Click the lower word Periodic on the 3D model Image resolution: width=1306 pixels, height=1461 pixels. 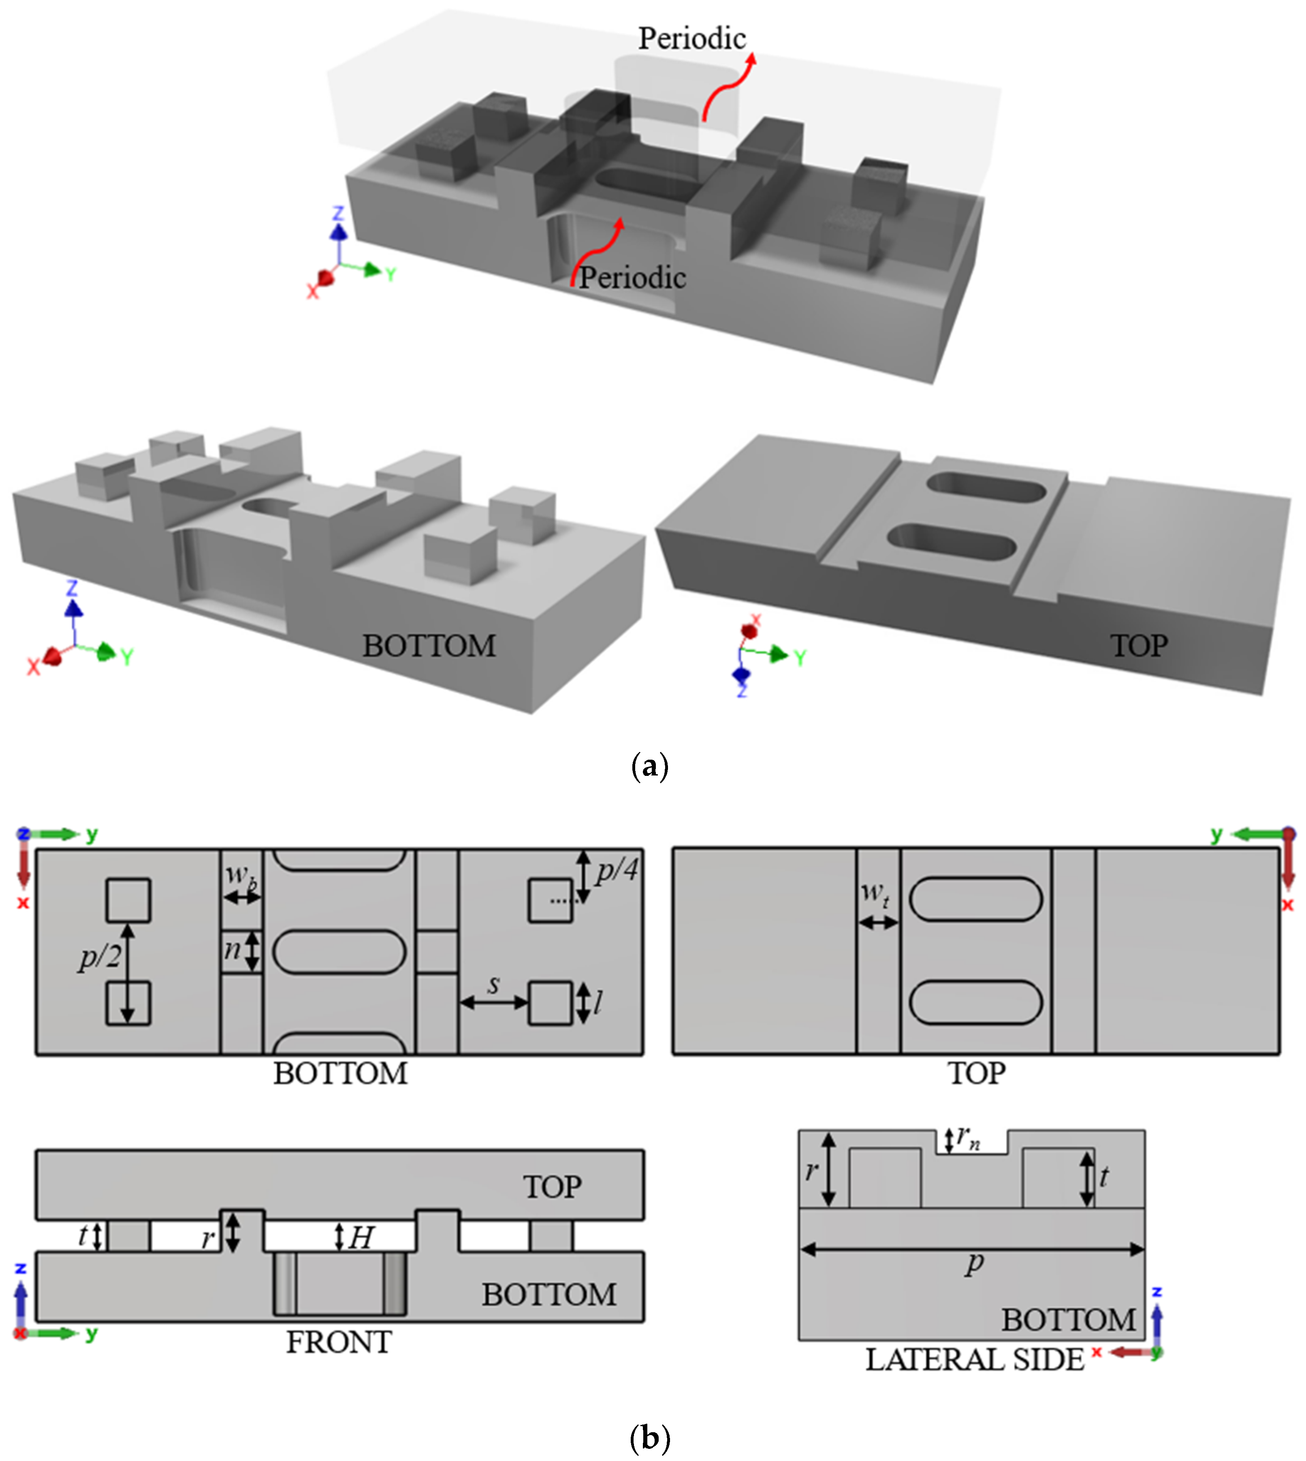click(632, 278)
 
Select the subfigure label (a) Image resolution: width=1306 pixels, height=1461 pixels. click(649, 767)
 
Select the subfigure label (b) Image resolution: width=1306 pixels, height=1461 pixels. click(649, 1438)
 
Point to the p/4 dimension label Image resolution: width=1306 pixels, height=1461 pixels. click(617, 870)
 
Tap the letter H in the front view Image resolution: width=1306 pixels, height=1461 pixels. click(361, 1237)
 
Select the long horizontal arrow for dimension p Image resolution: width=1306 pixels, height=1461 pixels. click(972, 1250)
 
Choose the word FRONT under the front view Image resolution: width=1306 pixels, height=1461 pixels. click(339, 1342)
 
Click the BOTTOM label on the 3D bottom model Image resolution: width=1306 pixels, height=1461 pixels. click(429, 646)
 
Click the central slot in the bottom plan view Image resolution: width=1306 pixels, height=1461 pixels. click(339, 952)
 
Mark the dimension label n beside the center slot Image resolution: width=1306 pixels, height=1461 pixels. click(233, 950)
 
